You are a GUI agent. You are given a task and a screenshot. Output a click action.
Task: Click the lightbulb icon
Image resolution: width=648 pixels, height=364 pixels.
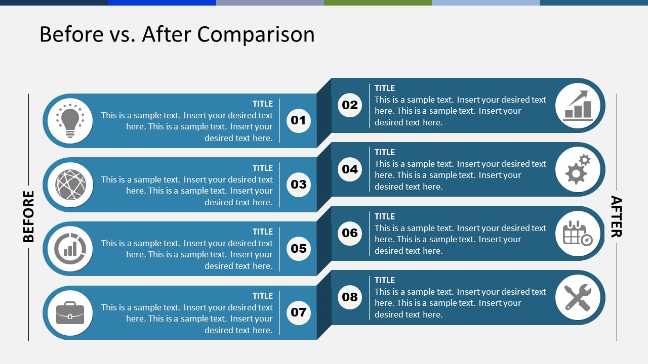(70, 121)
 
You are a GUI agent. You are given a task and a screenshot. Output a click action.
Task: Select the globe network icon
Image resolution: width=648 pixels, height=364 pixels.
(70, 185)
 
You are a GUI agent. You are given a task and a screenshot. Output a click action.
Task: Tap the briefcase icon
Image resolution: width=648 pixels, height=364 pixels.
(70, 313)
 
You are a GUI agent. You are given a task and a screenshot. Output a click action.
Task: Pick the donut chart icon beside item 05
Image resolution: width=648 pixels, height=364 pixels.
(70, 249)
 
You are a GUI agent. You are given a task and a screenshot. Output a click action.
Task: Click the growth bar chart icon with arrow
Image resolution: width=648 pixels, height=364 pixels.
(578, 105)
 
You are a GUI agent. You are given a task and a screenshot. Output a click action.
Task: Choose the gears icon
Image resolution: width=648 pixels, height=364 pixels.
(578, 169)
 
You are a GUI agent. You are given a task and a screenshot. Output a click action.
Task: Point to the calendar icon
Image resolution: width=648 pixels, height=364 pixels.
(578, 233)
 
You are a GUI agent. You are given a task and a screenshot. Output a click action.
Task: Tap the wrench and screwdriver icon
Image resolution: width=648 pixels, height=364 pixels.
(578, 297)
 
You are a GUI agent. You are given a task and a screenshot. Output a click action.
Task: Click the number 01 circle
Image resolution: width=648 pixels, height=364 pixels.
(299, 120)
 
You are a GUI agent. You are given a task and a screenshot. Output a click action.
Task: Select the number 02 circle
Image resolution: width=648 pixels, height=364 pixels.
(350, 105)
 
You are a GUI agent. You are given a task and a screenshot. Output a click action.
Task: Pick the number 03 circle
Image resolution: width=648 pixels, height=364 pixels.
(299, 185)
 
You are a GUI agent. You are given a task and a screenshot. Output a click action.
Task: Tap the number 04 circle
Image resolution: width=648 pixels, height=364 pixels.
(350, 169)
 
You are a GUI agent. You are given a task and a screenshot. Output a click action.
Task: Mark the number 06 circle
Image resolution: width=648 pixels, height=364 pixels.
(350, 233)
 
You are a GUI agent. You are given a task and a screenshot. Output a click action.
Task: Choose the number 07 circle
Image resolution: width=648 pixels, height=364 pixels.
(299, 312)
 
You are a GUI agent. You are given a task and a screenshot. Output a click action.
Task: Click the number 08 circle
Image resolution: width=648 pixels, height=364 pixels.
(350, 297)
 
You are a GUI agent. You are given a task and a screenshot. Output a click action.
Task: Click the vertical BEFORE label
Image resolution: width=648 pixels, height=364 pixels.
(29, 216)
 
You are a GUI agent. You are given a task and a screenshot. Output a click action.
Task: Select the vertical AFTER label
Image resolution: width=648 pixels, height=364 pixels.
(616, 216)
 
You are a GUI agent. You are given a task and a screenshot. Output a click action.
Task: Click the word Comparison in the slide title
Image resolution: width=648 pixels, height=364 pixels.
(256, 34)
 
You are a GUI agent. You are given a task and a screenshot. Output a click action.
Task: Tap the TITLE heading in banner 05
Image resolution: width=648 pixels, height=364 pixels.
(263, 232)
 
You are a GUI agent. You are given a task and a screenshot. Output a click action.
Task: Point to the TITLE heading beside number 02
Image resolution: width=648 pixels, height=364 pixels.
(385, 88)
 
